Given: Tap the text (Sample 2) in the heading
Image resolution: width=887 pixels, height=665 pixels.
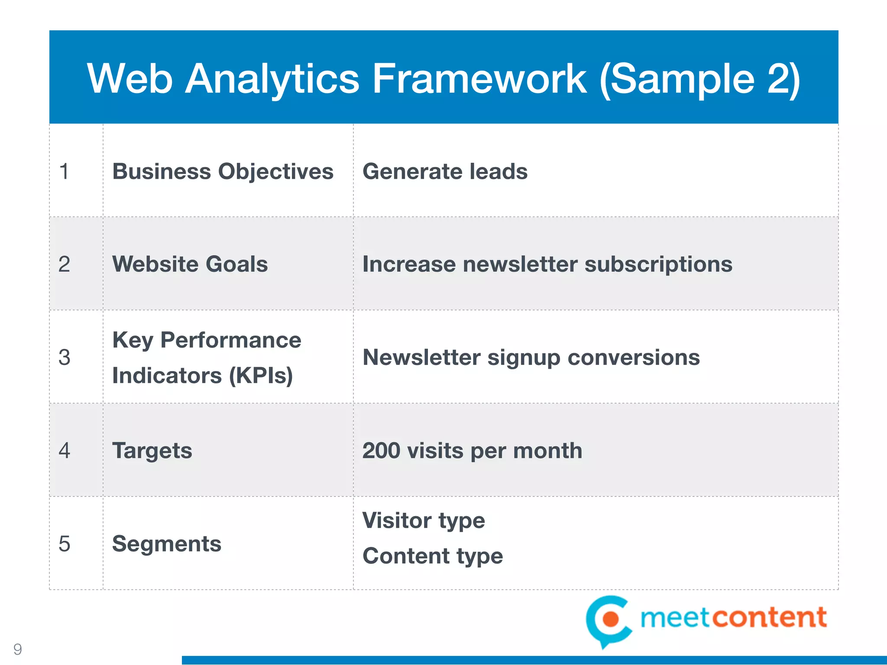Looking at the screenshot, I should click(699, 79).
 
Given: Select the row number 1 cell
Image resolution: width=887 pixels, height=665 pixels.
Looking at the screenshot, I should click(65, 171).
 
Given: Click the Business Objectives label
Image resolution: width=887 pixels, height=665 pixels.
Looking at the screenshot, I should click(223, 171).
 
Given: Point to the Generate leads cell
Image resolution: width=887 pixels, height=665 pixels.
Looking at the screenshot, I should click(445, 171).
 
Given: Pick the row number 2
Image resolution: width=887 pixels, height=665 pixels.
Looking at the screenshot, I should click(65, 265).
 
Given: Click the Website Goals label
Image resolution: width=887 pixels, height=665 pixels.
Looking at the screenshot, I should click(190, 265).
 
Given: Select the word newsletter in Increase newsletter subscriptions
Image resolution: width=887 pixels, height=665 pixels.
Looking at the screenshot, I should click(519, 265).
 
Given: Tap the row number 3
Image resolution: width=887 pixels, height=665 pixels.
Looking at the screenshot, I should click(65, 358).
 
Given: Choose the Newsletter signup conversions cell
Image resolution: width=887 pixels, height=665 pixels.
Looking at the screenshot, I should click(531, 358).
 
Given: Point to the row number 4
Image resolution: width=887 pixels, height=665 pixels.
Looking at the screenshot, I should click(65, 451).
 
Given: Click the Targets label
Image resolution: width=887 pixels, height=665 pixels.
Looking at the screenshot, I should click(152, 451).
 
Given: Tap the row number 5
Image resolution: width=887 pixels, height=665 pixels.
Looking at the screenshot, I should click(65, 544).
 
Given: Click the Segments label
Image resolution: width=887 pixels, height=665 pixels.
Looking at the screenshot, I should click(166, 544).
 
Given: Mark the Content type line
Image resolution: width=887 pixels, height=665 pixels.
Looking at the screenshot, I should click(432, 556).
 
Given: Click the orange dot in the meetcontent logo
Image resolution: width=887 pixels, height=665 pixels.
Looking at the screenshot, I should click(611, 619).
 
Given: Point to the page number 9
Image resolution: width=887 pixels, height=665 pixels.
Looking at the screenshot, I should click(18, 649).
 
